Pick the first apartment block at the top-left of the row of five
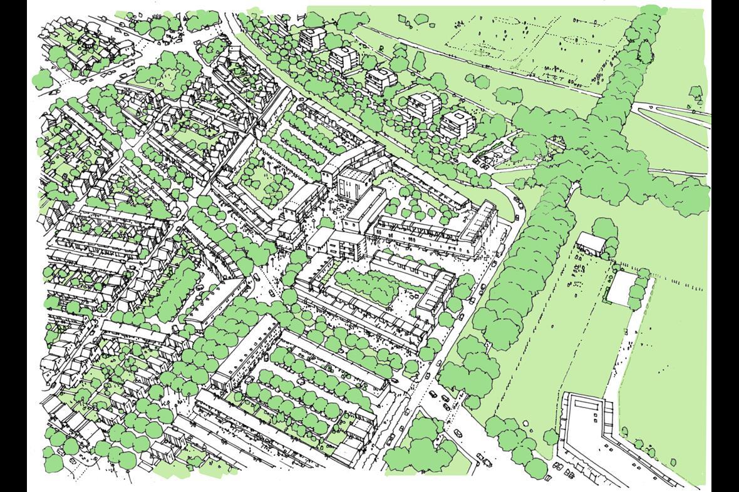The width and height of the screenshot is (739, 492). click(312, 38)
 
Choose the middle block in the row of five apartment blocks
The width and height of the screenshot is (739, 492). click(380, 80)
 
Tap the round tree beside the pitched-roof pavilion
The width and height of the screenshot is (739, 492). click(604, 229)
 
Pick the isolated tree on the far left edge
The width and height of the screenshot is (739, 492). click(41, 79)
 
